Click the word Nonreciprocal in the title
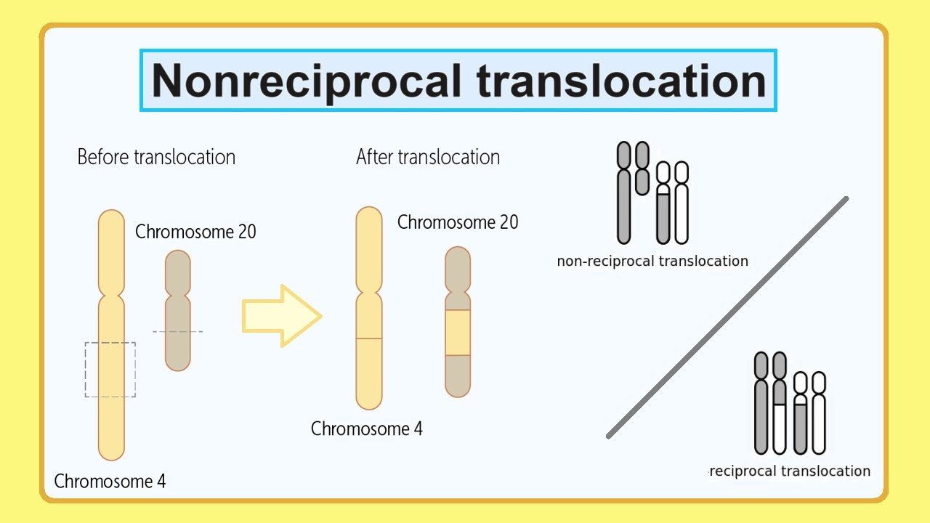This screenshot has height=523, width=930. (x=306, y=80)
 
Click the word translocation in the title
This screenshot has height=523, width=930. (x=621, y=80)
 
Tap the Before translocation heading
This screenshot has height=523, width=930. (x=156, y=157)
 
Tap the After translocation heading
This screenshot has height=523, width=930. (x=428, y=157)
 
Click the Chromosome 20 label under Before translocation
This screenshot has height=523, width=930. (x=195, y=232)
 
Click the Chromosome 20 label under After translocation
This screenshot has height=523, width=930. (x=458, y=222)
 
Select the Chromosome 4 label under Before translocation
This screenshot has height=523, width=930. (x=110, y=481)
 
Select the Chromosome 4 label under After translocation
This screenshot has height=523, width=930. (x=366, y=429)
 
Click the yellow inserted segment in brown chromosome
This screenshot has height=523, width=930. (x=458, y=333)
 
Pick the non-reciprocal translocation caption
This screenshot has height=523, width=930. (x=652, y=261)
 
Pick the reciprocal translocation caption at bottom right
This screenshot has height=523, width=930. (x=790, y=471)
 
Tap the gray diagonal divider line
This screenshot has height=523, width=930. (x=727, y=317)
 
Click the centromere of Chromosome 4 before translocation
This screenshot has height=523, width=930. (x=111, y=293)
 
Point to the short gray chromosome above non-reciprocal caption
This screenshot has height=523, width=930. (x=642, y=168)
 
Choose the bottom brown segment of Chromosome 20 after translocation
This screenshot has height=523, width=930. (x=458, y=376)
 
